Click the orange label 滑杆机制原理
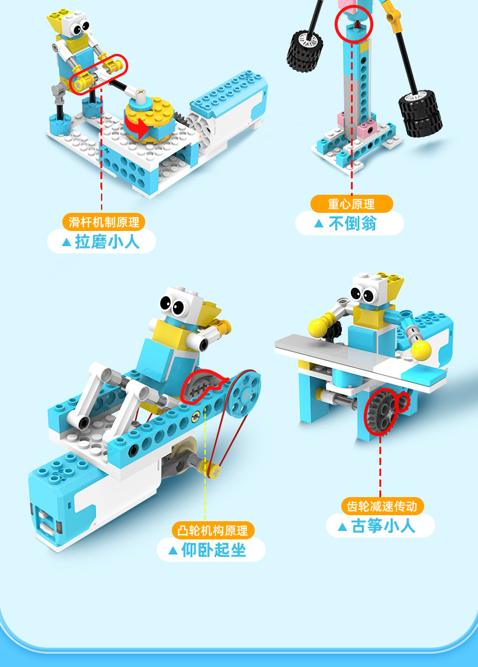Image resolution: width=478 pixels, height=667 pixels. [103, 221]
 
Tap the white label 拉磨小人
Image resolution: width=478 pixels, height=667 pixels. [102, 242]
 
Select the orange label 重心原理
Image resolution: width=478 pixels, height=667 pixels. [352, 203]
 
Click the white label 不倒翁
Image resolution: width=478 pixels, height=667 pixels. [349, 224]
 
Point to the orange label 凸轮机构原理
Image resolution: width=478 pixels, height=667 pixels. [213, 530]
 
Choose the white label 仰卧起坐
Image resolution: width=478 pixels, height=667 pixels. [211, 550]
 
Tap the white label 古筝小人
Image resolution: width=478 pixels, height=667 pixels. [381, 526]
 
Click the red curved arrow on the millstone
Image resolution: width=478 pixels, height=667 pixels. [137, 126]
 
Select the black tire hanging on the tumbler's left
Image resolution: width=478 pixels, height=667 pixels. [304, 50]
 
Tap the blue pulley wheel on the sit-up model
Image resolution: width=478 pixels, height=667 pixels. [246, 392]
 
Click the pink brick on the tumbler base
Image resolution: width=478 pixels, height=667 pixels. [367, 128]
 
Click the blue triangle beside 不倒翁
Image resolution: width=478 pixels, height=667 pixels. [319, 224]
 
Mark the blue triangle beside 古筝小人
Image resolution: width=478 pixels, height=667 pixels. [342, 526]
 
